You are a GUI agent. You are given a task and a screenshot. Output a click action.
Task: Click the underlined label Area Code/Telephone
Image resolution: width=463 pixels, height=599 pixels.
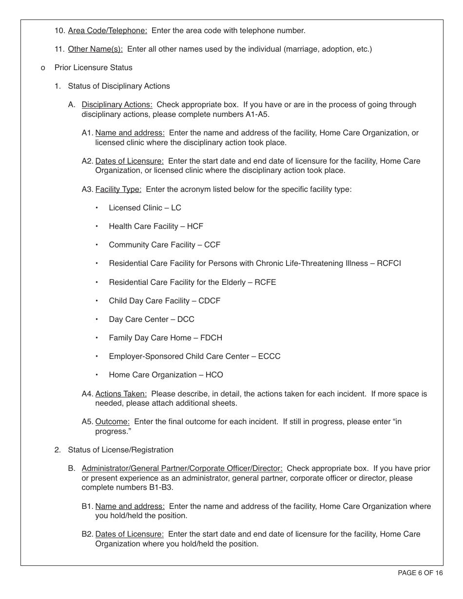pyautogui.click(x=107, y=31)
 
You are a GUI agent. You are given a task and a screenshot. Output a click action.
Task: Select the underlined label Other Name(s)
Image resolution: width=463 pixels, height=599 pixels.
pyautogui.click(x=95, y=49)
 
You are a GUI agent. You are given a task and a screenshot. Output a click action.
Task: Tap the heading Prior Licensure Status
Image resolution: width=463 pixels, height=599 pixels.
pyautogui.click(x=93, y=68)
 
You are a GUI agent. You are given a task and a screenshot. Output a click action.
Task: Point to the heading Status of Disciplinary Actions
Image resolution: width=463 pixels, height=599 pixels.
pyautogui.click(x=119, y=86)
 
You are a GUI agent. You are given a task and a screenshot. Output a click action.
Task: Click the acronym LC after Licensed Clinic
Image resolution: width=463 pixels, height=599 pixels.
pyautogui.click(x=176, y=208)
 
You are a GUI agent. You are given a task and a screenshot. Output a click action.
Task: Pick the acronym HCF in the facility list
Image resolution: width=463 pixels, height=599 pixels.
pyautogui.click(x=195, y=226)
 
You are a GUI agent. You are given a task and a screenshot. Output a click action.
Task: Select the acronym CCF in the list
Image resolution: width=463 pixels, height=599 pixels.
pyautogui.click(x=212, y=245)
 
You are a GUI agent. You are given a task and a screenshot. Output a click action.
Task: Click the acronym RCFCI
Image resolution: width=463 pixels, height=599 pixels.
pyautogui.click(x=389, y=263)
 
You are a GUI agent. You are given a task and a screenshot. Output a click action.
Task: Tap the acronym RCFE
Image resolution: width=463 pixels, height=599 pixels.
pyautogui.click(x=265, y=282)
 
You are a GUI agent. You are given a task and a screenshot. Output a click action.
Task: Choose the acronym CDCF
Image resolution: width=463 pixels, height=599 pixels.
pyautogui.click(x=209, y=301)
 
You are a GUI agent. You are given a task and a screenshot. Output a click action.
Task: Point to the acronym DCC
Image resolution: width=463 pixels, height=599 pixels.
pyautogui.click(x=186, y=319)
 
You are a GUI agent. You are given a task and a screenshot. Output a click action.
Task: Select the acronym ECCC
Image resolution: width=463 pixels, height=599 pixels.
pyautogui.click(x=270, y=356)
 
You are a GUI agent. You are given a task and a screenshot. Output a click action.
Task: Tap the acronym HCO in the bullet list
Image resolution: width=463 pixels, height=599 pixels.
pyautogui.click(x=214, y=375)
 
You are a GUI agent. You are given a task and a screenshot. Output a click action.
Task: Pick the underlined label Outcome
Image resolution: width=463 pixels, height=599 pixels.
pyautogui.click(x=113, y=422)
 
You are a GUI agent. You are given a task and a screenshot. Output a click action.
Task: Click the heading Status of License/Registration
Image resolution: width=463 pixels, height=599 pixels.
pyautogui.click(x=120, y=450)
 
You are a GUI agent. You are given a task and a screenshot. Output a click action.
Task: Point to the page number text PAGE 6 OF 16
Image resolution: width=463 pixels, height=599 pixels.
pyautogui.click(x=420, y=573)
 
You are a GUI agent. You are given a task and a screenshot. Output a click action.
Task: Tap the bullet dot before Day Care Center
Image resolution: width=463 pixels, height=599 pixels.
pyautogui.click(x=97, y=319)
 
